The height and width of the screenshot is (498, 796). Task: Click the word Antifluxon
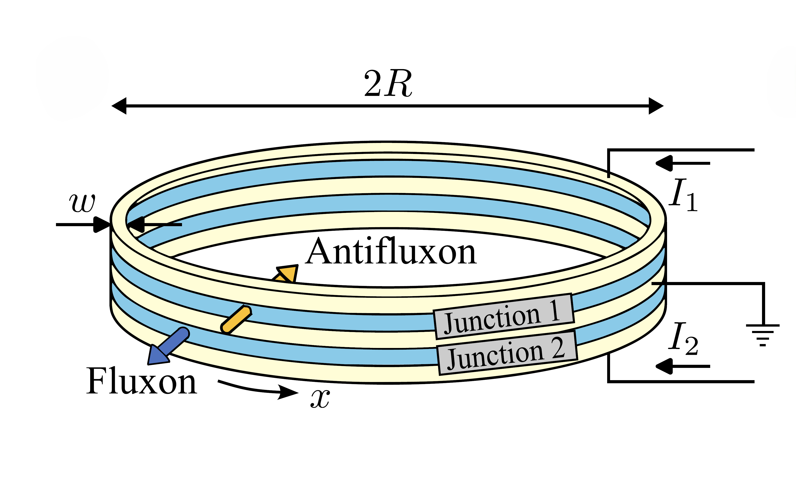point(391,252)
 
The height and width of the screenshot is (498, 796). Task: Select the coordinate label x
point(320,399)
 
